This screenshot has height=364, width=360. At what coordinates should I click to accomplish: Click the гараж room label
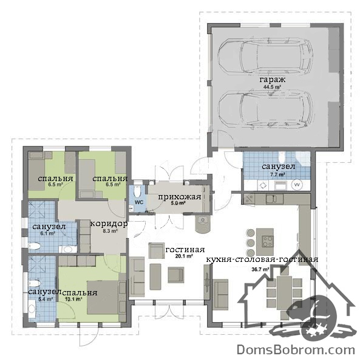[x=273, y=80]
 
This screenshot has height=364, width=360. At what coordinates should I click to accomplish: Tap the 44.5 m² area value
[x=272, y=87]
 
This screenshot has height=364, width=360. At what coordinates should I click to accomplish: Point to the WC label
[x=139, y=202]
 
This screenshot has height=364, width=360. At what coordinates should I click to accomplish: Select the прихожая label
[x=180, y=197]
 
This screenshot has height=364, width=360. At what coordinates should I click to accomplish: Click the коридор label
[x=109, y=224]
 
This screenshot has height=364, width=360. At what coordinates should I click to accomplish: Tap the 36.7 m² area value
[x=260, y=270]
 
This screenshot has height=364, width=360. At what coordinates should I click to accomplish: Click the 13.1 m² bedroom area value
[x=73, y=299]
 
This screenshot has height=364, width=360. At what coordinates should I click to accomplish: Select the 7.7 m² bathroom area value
[x=277, y=174]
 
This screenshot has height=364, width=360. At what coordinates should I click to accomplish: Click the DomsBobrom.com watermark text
[x=296, y=350]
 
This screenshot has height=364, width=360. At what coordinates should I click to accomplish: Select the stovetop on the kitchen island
[x=268, y=241]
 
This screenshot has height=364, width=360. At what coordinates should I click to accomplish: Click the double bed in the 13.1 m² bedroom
[x=103, y=297]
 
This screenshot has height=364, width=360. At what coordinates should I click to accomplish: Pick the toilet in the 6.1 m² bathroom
[x=35, y=246]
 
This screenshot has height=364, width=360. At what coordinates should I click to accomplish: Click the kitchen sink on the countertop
[x=274, y=199]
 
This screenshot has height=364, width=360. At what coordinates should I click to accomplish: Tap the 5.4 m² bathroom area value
[x=46, y=299]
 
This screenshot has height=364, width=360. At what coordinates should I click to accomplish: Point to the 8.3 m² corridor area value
[x=110, y=231]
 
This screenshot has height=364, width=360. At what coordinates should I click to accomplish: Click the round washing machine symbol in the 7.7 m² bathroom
[x=297, y=185]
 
